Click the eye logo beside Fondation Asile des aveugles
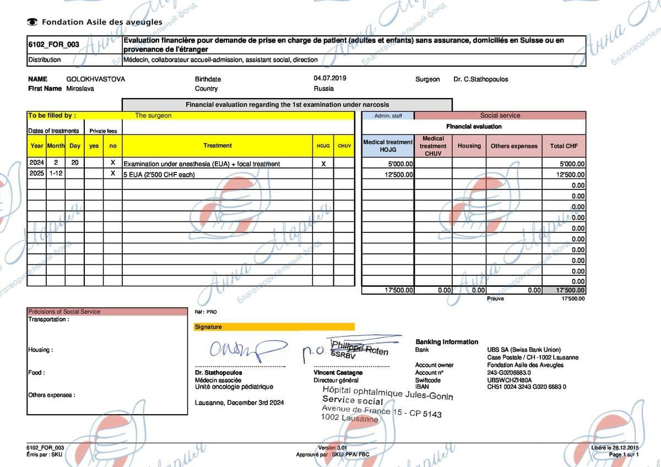[32, 22]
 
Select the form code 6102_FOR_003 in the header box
[53, 45]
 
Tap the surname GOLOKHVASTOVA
[95, 79]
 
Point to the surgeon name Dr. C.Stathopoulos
[480, 79]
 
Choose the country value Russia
[323, 89]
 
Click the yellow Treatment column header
[218, 146]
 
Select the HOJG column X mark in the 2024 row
[323, 164]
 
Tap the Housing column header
[469, 146]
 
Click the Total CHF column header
[564, 146]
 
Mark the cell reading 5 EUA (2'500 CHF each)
[160, 175]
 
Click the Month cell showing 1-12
[56, 174]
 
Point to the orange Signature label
[208, 327]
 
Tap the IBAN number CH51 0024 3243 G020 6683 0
[527, 387]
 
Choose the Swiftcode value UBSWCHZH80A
[510, 380]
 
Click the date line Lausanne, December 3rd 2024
[239, 403]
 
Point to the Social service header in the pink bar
[500, 116]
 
